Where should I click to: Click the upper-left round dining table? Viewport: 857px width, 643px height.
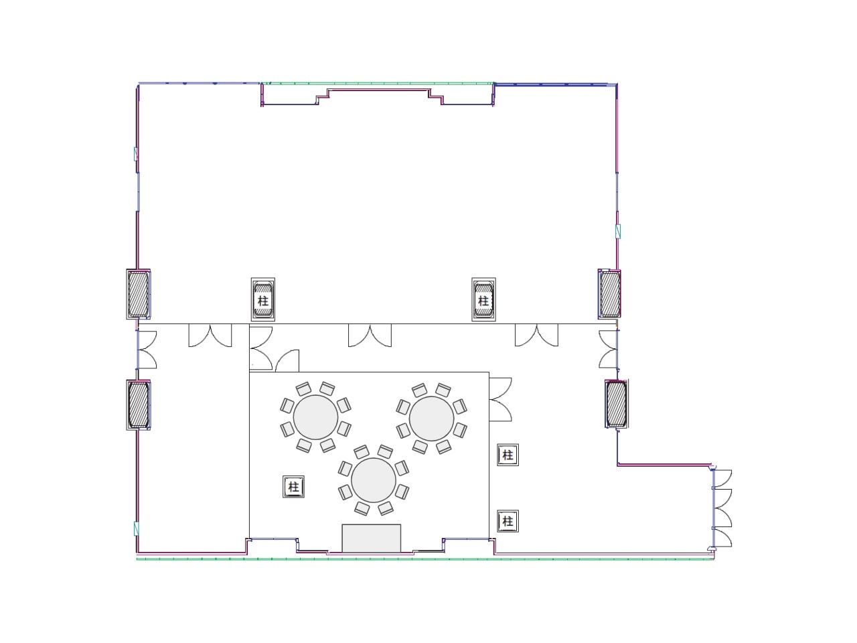[x=315, y=417]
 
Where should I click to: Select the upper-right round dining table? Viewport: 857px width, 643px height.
[x=431, y=419]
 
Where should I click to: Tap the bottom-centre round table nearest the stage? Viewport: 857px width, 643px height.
[x=374, y=480]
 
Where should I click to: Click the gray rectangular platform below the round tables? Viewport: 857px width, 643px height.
[x=372, y=538]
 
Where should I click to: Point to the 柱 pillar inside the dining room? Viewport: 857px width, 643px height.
[x=294, y=487]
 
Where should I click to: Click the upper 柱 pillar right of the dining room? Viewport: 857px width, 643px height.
[x=508, y=455]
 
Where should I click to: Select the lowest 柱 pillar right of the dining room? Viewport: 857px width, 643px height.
[x=508, y=521]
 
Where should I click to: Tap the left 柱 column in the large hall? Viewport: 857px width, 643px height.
[x=262, y=299]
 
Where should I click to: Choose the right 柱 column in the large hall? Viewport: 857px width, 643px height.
[x=483, y=299]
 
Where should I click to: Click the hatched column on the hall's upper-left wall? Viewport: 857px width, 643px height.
[x=138, y=294]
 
